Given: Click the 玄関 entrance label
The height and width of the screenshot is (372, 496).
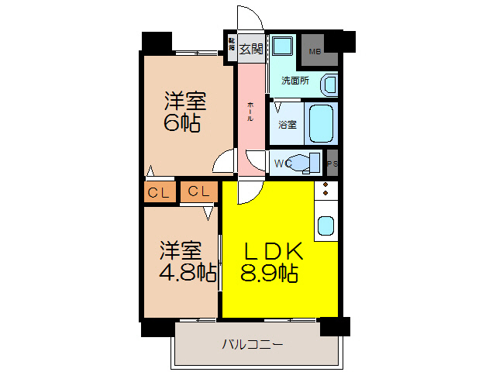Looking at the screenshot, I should coord(250,48).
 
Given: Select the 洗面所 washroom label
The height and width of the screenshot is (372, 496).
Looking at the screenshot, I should coord(294,80).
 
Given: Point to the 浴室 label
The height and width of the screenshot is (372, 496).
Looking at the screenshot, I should coord(287,124).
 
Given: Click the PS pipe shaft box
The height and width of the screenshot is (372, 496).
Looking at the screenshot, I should coord(332,164).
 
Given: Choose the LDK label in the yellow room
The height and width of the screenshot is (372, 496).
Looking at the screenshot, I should coord(272,252).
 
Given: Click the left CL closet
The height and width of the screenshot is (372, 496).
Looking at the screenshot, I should coord(159,192).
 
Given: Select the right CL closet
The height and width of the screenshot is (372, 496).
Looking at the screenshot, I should coord(198,191).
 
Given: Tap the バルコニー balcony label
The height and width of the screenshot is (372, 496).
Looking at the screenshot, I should coord(253,343).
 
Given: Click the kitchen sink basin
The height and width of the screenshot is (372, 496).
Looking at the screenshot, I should coord(326,226).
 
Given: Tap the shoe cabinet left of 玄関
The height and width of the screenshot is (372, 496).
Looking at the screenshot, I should coord(231,45).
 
